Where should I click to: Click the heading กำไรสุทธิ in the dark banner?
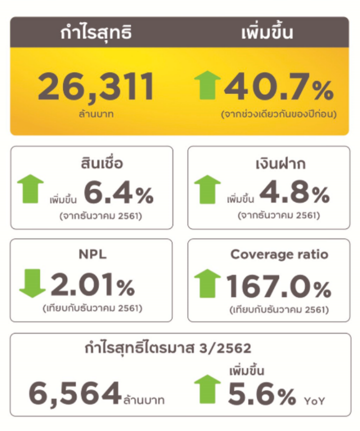[x=96, y=32]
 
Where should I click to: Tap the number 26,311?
[x=96, y=88]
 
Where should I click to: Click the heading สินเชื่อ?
[x=101, y=164]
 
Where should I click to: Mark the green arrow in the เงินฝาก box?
[x=207, y=189]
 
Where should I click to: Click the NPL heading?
[x=92, y=254]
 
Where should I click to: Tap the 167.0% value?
[x=278, y=288]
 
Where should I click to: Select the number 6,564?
[x=75, y=392]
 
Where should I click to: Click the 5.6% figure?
[x=262, y=394]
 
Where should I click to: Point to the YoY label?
[x=314, y=401]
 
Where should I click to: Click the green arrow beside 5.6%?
[x=207, y=388]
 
